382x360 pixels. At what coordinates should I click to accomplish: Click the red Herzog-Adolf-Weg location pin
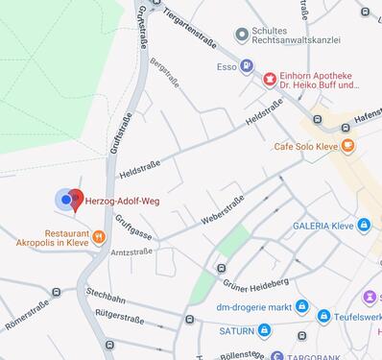(x=76, y=202)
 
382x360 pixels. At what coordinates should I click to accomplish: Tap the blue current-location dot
(x=65, y=200)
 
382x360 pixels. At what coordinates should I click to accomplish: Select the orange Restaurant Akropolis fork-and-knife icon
(x=98, y=235)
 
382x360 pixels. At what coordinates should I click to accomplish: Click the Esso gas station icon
(x=248, y=67)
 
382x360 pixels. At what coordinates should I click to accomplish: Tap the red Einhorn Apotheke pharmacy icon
(x=270, y=78)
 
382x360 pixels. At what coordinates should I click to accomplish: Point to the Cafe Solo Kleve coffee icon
(x=346, y=146)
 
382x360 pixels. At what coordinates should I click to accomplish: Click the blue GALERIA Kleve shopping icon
(x=363, y=226)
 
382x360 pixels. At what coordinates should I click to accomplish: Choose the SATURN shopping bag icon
(x=264, y=330)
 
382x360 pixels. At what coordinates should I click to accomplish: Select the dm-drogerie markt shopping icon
(x=301, y=306)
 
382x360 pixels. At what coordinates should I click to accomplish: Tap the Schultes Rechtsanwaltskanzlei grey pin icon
(x=242, y=36)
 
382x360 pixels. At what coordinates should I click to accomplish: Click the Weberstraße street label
(x=222, y=208)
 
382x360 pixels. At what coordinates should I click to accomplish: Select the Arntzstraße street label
(x=131, y=252)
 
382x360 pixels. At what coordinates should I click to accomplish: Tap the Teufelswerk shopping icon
(x=324, y=316)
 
